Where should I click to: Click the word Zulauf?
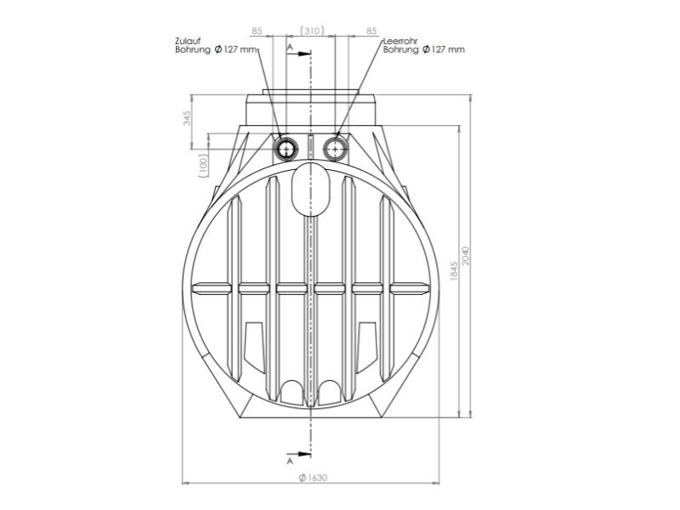[x=185, y=41]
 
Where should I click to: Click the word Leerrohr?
[x=399, y=41]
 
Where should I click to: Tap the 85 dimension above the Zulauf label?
[x=257, y=31]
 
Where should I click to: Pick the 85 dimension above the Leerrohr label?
[x=371, y=31]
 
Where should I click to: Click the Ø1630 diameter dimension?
[x=312, y=479]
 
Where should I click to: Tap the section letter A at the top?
[x=291, y=48]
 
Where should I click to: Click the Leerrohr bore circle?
[x=337, y=148]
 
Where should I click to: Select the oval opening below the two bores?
[x=311, y=191]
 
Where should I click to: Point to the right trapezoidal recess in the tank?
[x=369, y=344]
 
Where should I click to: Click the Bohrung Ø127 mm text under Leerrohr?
[x=423, y=49]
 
